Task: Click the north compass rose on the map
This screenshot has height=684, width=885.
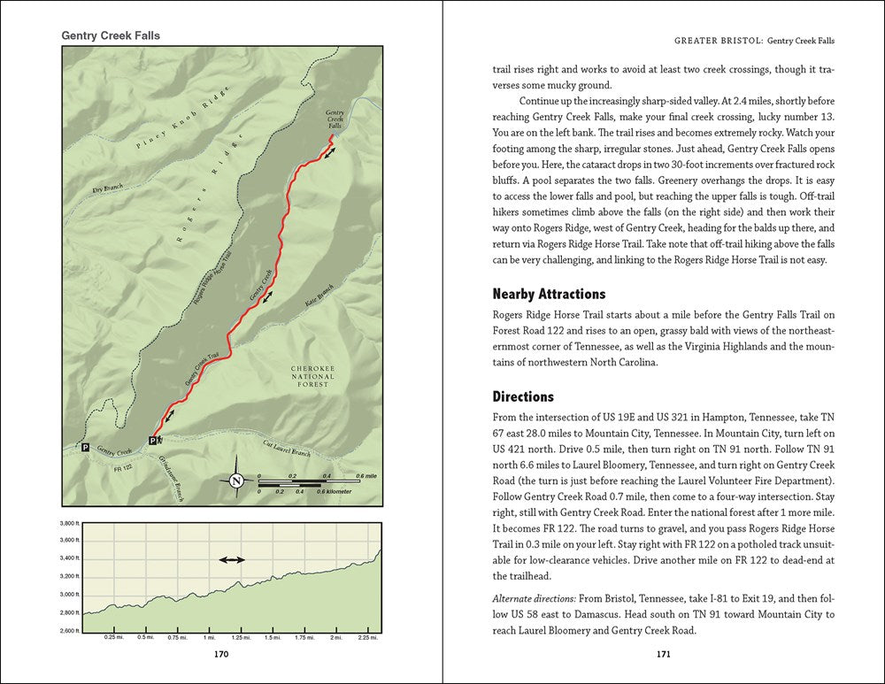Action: (x=236, y=480)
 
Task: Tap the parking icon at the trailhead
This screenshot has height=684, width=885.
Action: (x=153, y=440)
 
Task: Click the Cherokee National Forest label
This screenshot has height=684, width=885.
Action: (x=314, y=376)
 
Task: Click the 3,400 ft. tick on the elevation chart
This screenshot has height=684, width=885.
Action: (x=69, y=557)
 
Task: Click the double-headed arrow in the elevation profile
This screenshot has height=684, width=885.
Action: (x=233, y=560)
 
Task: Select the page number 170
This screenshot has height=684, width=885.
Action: (x=221, y=655)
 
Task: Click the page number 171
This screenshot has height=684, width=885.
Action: (x=663, y=655)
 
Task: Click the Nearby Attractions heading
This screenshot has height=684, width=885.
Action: (x=548, y=293)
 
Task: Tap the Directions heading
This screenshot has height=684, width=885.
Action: (x=523, y=396)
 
